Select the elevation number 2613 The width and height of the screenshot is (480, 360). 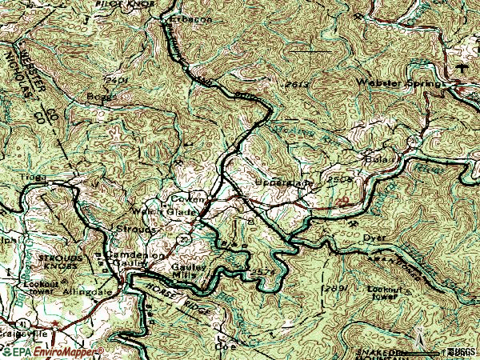[295, 84]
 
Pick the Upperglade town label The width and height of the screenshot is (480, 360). [286, 183]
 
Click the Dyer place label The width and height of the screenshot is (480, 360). [374, 237]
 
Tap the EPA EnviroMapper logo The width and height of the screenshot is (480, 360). [52, 351]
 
